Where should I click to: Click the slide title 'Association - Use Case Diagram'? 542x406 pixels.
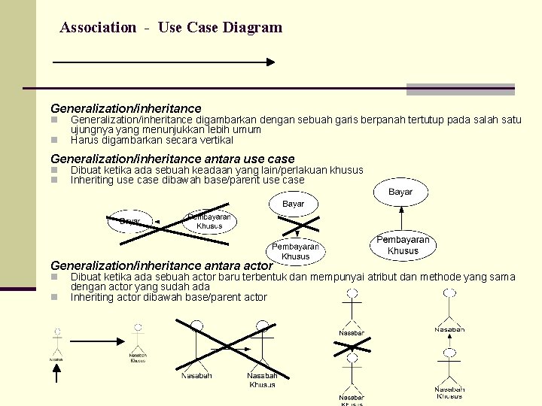171,28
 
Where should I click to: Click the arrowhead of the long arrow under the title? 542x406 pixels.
269,63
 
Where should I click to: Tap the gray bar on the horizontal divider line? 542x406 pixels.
460,89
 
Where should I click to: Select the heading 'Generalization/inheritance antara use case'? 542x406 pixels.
172,159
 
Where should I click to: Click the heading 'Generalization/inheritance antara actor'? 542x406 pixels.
161,265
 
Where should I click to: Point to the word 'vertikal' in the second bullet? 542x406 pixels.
216,140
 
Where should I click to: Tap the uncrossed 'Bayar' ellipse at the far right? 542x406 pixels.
400,192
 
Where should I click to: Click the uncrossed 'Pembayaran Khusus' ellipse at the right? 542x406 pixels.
403,245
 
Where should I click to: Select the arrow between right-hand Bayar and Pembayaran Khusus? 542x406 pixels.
403,217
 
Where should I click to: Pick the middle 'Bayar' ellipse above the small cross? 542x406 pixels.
294,205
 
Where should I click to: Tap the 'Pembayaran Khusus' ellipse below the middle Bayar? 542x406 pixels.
295,251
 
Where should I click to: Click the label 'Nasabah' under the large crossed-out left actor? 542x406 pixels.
196,375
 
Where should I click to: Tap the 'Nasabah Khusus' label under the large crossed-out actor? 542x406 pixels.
262,380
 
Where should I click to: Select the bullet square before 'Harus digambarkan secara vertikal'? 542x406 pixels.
54,140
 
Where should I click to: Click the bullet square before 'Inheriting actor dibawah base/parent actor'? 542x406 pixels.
54,298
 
